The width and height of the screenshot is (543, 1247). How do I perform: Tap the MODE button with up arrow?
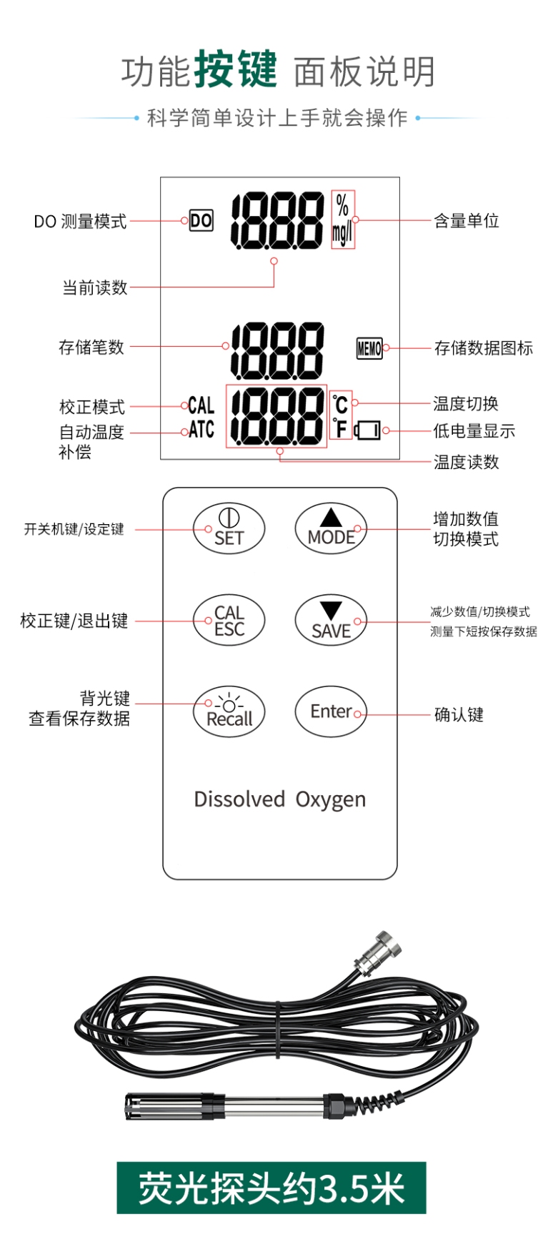[331, 529]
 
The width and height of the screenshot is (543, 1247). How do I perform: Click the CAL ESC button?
[229, 621]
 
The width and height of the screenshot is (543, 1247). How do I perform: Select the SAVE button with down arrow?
[331, 621]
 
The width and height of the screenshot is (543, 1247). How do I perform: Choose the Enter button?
[331, 711]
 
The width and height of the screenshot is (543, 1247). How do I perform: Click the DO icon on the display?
[201, 220]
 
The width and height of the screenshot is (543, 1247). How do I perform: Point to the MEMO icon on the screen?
[369, 348]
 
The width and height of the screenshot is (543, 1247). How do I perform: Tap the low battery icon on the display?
[369, 430]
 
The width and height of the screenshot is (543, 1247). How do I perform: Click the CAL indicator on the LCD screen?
[201, 406]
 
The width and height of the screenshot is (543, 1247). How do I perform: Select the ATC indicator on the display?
[201, 430]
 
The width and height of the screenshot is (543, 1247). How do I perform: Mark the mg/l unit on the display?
[342, 233]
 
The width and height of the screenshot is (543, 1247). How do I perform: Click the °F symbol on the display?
[341, 428]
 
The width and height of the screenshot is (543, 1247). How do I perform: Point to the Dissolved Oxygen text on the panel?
[279, 799]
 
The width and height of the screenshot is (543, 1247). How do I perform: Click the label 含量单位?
[467, 221]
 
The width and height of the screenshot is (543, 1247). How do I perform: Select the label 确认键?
[459, 714]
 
